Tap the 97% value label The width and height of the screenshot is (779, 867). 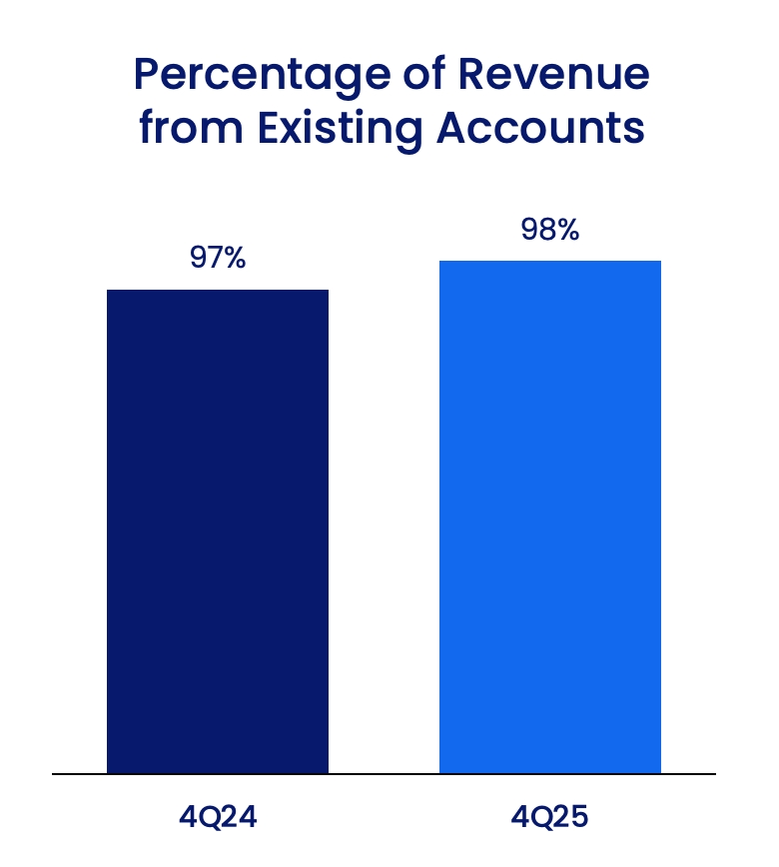[218, 258]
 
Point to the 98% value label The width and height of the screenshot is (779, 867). [550, 230]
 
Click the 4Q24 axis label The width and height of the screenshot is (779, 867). [218, 817]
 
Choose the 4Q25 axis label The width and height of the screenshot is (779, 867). [550, 817]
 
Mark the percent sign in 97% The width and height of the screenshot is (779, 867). [233, 258]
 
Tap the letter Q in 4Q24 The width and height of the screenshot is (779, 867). [212, 817]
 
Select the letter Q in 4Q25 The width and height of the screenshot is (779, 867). [544, 817]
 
